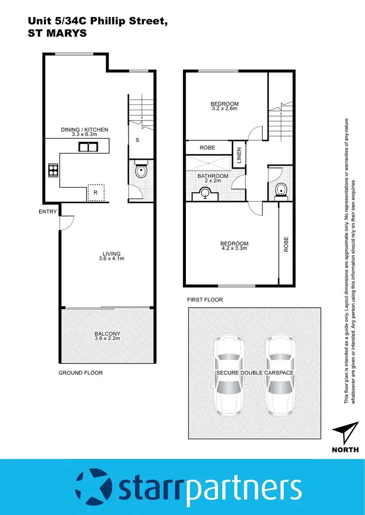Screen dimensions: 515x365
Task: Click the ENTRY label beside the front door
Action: tap(48, 212)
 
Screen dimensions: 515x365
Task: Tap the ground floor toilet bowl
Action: tap(141, 172)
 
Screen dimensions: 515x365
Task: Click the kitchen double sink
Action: tap(88, 147)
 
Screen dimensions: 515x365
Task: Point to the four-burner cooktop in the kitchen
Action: tap(53, 170)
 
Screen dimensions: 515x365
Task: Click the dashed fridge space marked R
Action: tap(95, 193)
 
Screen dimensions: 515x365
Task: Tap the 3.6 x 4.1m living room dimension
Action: tap(111, 259)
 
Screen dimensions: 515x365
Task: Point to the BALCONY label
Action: tap(107, 334)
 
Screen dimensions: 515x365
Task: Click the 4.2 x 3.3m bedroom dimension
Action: tap(234, 248)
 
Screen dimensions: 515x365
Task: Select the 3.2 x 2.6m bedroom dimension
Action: tap(224, 109)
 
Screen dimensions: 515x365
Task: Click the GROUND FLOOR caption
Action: tap(81, 373)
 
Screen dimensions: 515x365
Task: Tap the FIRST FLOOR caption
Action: tap(205, 300)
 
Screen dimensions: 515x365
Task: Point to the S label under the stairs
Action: tap(138, 140)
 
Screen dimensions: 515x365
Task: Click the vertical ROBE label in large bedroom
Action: tap(286, 243)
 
